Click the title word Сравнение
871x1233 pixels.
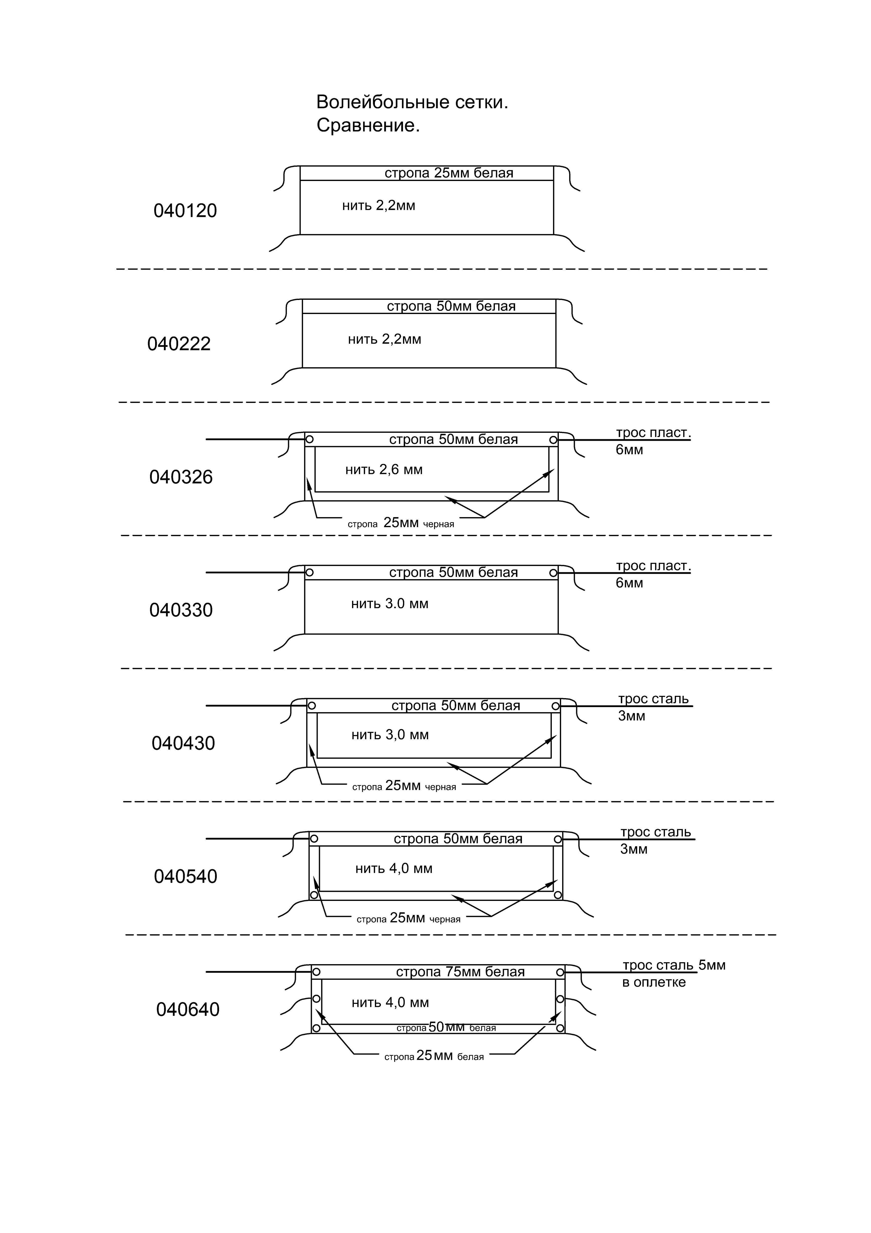(x=368, y=126)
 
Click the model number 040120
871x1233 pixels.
(x=185, y=211)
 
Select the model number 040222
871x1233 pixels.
(x=179, y=344)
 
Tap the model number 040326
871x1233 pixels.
(x=181, y=477)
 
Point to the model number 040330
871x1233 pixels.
(x=181, y=610)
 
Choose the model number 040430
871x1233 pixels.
(x=183, y=743)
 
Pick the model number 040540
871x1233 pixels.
(x=185, y=876)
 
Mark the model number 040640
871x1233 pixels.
(x=188, y=1010)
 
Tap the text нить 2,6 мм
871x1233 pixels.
(x=384, y=470)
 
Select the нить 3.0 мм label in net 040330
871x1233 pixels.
(x=390, y=604)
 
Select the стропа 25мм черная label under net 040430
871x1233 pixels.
(x=404, y=786)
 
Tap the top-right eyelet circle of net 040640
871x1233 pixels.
(x=560, y=972)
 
